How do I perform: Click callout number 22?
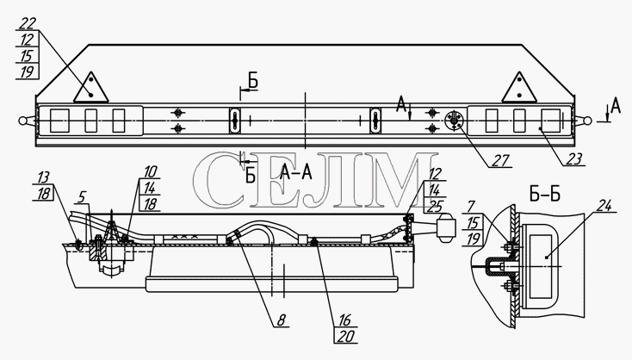click(x=28, y=24)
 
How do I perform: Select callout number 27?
click(x=501, y=160)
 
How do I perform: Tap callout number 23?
click(x=574, y=159)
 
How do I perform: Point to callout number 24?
click(x=604, y=206)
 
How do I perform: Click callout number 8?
click(x=282, y=320)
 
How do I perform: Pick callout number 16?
click(x=344, y=320)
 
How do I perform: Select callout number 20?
click(x=346, y=336)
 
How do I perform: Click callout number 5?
click(x=82, y=197)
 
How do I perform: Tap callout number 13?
click(x=43, y=177)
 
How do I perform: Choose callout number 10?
click(x=150, y=171)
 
